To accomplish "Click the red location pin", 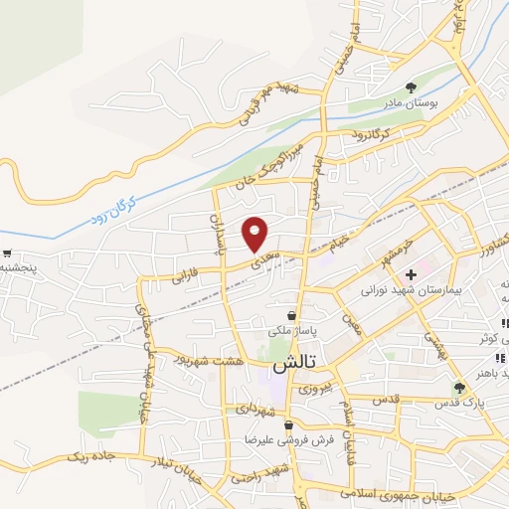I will coord(255,233).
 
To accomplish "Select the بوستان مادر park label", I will coord(412,102).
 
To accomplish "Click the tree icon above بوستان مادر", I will coord(412,86).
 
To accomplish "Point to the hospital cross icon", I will coord(411,273).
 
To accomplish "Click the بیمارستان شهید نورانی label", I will coord(408,291).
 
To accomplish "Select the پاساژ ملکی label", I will coord(291,328).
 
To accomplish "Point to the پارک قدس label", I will coord(459,405).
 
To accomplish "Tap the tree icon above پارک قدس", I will coord(459,388).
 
